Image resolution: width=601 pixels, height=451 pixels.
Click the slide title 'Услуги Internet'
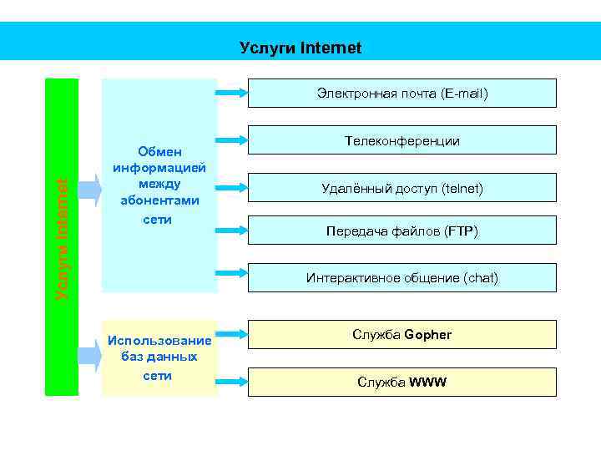click(300, 48)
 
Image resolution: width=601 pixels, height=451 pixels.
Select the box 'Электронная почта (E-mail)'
click(402, 94)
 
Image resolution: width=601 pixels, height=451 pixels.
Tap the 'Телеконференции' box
click(402, 141)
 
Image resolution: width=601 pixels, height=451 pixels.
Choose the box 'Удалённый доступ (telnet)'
click(402, 188)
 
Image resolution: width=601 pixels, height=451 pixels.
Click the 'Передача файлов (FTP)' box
click(402, 231)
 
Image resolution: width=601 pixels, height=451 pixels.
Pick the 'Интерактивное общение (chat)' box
click(402, 277)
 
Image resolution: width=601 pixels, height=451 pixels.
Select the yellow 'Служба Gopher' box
click(402, 334)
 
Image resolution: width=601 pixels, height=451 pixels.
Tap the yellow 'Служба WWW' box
click(402, 382)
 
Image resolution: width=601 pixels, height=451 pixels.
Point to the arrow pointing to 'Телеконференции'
click(232, 138)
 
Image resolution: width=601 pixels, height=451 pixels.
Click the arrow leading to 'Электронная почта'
click(232, 90)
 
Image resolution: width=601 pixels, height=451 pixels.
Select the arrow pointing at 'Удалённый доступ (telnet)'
click(232, 184)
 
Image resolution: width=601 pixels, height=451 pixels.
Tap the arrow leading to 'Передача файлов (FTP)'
click(232, 228)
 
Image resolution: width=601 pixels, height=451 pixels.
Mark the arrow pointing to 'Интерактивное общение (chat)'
click(232, 272)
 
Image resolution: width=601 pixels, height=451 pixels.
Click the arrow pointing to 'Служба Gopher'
click(232, 335)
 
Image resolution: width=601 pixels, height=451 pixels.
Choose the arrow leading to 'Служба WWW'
click(232, 381)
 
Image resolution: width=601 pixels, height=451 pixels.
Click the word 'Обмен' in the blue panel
click(159, 151)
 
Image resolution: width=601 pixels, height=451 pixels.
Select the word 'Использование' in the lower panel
click(159, 340)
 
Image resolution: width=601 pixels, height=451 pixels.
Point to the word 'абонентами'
click(159, 200)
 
